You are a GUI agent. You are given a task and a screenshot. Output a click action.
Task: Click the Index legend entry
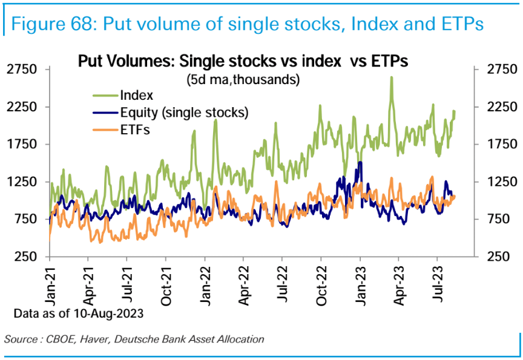point(136,96)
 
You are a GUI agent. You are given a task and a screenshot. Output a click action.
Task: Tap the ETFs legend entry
point(134,129)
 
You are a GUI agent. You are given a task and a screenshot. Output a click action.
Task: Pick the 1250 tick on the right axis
point(500,182)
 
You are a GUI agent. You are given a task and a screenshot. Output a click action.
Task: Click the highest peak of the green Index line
point(392,77)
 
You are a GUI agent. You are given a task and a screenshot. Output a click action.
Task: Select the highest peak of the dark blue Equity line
point(361,162)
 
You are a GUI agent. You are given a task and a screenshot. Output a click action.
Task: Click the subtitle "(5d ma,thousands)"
point(244,79)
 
